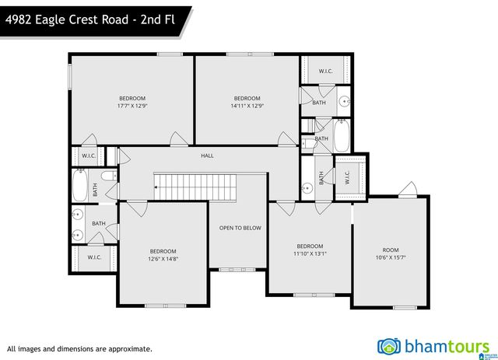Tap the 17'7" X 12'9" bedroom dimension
(x=132, y=106)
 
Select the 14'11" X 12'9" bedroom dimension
(x=247, y=106)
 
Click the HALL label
(x=207, y=156)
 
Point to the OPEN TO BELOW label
(x=240, y=228)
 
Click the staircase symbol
(x=180, y=183)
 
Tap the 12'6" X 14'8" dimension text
(x=163, y=259)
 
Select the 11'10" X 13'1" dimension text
(x=309, y=253)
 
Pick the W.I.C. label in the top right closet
(x=325, y=72)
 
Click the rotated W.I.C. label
(x=347, y=177)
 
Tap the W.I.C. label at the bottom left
(x=94, y=257)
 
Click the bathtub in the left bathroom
(x=79, y=185)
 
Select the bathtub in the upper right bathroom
(x=342, y=136)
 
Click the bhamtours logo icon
(x=387, y=346)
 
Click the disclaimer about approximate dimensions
(x=79, y=349)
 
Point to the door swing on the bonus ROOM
(x=405, y=189)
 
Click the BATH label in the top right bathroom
(x=319, y=103)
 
